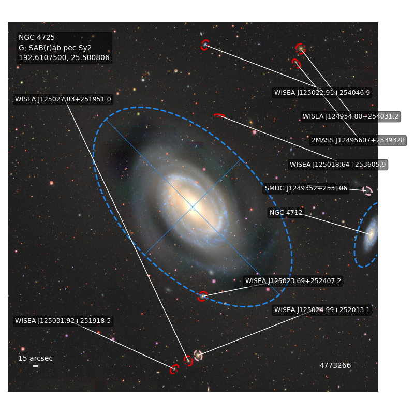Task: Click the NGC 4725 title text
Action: click(37, 37)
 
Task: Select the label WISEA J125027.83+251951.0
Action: click(63, 99)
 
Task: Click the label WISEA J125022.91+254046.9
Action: click(322, 93)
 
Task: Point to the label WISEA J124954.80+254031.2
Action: click(351, 116)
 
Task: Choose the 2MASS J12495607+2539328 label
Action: click(358, 140)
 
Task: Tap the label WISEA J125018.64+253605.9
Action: click(338, 165)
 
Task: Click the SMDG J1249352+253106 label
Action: click(306, 188)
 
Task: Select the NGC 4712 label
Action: click(286, 213)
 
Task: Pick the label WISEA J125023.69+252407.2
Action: click(293, 281)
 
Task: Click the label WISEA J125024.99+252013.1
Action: click(322, 310)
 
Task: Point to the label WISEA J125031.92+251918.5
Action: click(63, 321)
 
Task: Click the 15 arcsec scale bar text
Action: click(35, 358)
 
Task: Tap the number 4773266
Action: click(335, 365)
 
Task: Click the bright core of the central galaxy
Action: click(193, 206)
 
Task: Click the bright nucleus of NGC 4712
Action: click(371, 234)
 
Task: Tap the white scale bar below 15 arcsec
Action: click(36, 366)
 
